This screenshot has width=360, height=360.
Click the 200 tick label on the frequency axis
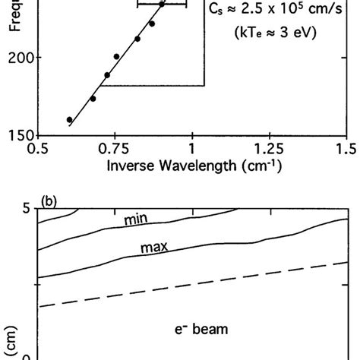(x=19, y=58)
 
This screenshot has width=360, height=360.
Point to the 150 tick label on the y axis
(x=19, y=135)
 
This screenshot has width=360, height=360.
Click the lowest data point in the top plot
(x=70, y=120)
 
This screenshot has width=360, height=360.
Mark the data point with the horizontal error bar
(x=162, y=5)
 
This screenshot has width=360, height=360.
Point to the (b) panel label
(x=52, y=201)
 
